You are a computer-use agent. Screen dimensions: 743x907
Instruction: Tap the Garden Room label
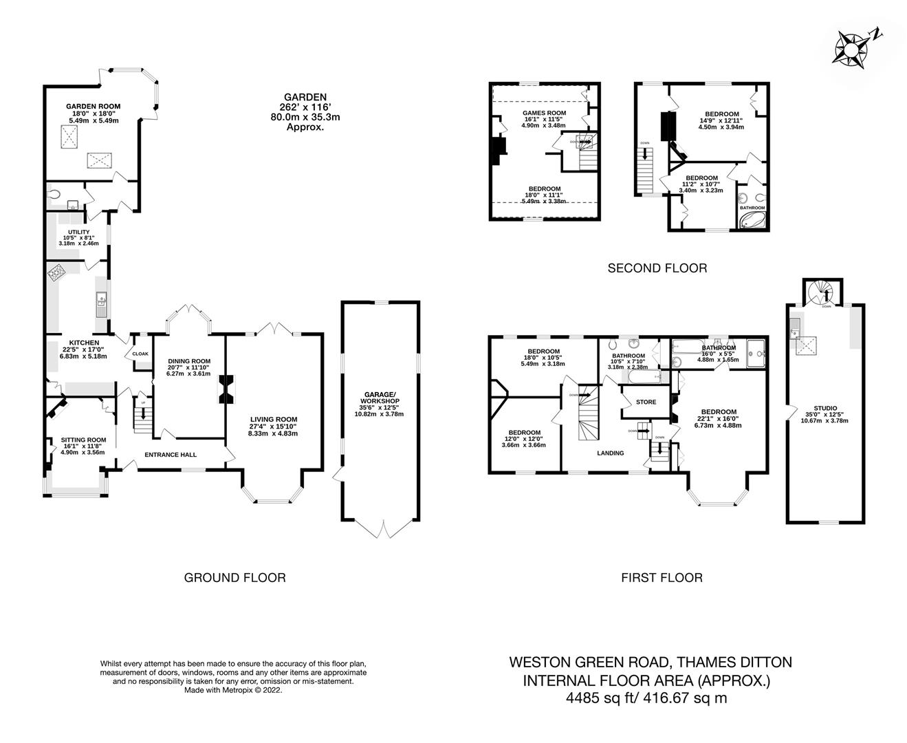point(93,106)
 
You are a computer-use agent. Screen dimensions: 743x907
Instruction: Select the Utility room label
point(78,233)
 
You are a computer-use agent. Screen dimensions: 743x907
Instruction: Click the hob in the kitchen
point(56,274)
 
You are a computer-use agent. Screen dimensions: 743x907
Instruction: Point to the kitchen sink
point(101,301)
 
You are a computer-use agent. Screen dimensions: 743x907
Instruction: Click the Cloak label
point(140,354)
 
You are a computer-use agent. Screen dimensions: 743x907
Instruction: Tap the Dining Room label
point(188,361)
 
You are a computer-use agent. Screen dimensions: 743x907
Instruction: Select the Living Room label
point(274,420)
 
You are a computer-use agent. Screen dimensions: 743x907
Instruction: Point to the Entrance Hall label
point(171,455)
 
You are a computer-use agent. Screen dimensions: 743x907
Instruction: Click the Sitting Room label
point(83,440)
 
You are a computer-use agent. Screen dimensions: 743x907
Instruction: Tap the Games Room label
point(544,113)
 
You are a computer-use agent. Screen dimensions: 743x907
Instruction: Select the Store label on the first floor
point(646,402)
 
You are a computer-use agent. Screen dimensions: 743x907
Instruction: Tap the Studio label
point(825,408)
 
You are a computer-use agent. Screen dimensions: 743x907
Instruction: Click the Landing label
point(610,453)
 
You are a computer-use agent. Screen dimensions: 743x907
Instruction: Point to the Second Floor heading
point(657,268)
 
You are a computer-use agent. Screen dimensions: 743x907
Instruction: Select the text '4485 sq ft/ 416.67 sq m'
point(646,698)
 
